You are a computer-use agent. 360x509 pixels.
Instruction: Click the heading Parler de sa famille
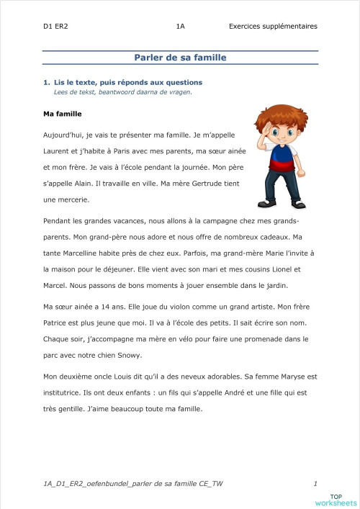click(x=180, y=58)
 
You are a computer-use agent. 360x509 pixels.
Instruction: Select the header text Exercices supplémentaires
click(x=273, y=27)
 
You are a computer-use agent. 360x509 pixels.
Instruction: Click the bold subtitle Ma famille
click(x=63, y=114)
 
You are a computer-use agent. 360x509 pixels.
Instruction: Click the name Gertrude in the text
click(x=197, y=183)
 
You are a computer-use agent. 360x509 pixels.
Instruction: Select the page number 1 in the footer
click(x=315, y=482)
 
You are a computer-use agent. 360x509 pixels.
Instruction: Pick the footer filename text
click(x=133, y=482)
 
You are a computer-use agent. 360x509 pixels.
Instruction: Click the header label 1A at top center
click(x=180, y=27)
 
